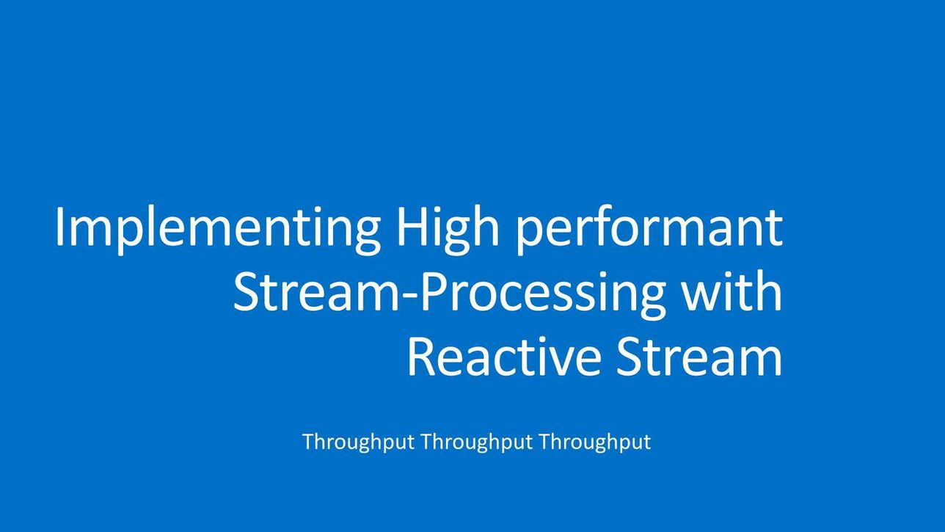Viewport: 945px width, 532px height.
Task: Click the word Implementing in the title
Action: click(218, 230)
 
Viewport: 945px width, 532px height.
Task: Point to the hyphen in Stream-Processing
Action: click(409, 296)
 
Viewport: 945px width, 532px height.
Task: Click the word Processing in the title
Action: click(542, 295)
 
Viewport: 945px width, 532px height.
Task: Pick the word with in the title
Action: click(733, 291)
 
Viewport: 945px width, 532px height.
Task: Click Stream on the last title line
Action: click(699, 356)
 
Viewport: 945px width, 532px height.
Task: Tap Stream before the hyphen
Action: click(316, 291)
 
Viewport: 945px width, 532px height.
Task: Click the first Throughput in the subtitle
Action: click(359, 442)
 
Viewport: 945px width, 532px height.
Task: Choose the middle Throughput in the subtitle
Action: click(477, 442)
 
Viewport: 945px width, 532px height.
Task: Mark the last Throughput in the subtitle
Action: click(595, 442)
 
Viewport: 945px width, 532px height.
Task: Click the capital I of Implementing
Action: click(59, 226)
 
